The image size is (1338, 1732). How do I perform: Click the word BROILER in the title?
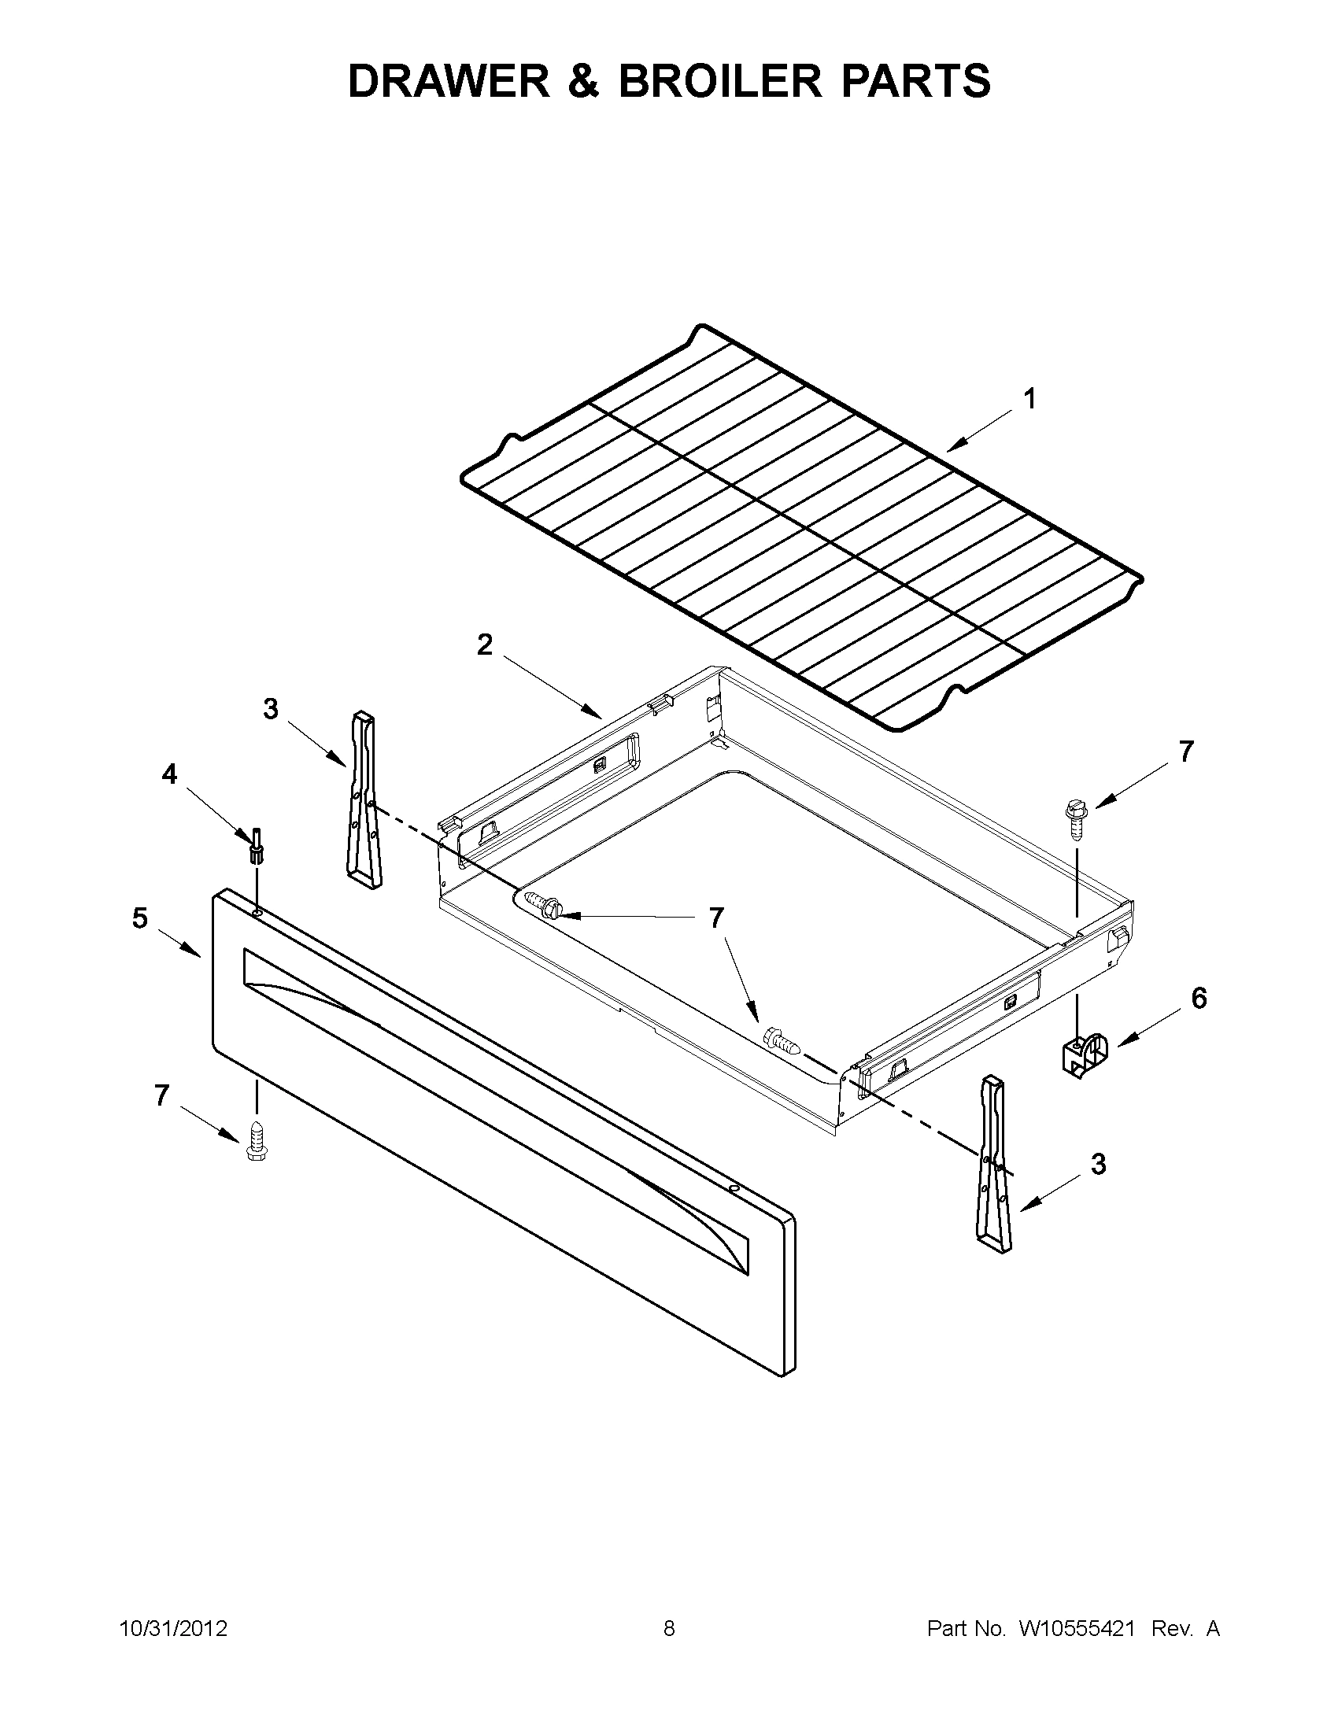(x=720, y=81)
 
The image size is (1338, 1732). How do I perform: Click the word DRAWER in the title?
(x=449, y=81)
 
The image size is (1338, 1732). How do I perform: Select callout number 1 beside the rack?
(x=1029, y=399)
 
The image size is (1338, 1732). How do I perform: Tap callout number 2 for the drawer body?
(x=484, y=644)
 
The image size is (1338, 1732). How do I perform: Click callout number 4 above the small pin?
(x=169, y=774)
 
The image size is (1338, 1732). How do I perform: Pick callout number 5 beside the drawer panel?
(x=139, y=918)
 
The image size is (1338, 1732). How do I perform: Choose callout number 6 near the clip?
(x=1199, y=999)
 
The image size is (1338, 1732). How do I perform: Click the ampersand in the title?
(x=584, y=81)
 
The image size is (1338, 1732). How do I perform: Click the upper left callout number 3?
(x=271, y=709)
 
